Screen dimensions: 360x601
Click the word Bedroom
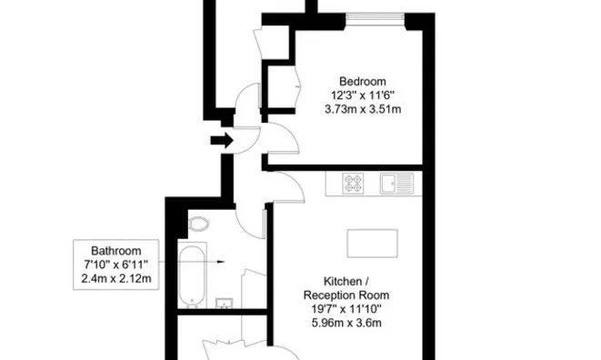(x=363, y=79)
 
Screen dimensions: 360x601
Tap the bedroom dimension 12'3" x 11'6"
(x=363, y=95)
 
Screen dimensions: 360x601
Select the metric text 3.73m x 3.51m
(x=363, y=109)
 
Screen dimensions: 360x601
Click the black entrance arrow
(x=221, y=140)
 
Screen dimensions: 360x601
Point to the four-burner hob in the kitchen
(x=354, y=184)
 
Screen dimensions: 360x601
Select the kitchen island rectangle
(x=373, y=243)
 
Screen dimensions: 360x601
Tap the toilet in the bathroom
(x=198, y=224)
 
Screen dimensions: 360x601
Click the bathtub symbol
(x=192, y=275)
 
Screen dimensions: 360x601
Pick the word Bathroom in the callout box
(x=115, y=250)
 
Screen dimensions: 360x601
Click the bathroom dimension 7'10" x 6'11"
(x=115, y=264)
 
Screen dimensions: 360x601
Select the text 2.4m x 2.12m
(x=115, y=277)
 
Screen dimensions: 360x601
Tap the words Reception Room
(x=346, y=295)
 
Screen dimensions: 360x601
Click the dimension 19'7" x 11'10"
(x=346, y=308)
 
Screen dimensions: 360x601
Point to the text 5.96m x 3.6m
(x=346, y=322)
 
